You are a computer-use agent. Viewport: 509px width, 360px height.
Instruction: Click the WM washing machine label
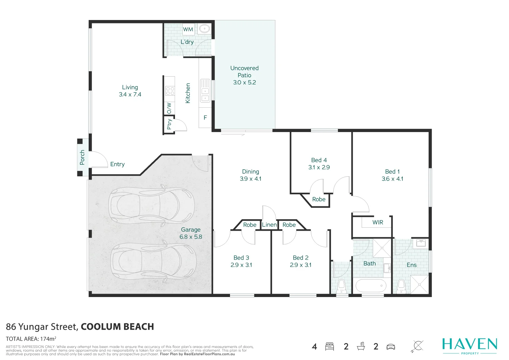point(188,29)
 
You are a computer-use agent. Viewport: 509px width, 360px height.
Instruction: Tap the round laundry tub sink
point(204,29)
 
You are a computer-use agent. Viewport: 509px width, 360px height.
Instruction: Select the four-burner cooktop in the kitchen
point(170,91)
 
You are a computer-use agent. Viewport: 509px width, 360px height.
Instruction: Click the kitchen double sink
point(205,91)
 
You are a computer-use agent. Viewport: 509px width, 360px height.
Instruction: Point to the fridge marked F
point(205,118)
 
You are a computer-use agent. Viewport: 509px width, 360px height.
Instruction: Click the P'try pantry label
point(169,124)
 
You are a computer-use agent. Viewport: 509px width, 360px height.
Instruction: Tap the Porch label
point(82,157)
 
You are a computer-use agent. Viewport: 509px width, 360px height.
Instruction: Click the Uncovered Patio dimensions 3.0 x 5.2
point(244,82)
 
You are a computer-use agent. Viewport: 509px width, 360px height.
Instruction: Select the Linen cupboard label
point(269,225)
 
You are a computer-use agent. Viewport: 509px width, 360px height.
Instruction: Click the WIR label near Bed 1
point(378,222)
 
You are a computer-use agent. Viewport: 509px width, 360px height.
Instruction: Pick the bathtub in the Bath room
point(371,286)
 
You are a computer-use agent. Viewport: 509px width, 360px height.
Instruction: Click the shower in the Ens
point(419,284)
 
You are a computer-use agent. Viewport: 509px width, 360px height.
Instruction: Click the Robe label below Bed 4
point(319,199)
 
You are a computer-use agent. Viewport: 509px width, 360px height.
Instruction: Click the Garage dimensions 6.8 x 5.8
point(191,237)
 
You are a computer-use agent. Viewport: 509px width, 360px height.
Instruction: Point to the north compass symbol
point(418,346)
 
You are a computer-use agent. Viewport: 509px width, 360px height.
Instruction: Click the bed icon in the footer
point(329,346)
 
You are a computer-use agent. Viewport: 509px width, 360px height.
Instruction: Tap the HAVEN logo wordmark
point(469,344)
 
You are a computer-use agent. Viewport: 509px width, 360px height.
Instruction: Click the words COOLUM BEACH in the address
point(117,327)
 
